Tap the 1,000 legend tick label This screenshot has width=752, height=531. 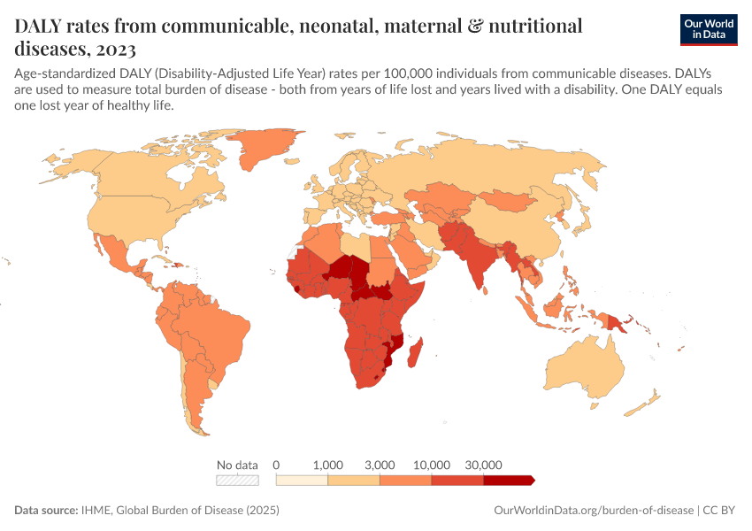coord(328,465)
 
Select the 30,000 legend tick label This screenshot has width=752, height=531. coord(484,465)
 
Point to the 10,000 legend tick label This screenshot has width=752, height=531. coord(432,465)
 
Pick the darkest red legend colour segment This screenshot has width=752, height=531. coord(508,480)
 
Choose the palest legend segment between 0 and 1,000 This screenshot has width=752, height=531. coord(302,480)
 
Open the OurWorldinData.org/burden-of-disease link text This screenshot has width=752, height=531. coord(592,511)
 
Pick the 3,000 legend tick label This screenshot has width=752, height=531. coord(380,465)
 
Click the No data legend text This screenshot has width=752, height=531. coord(238,465)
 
